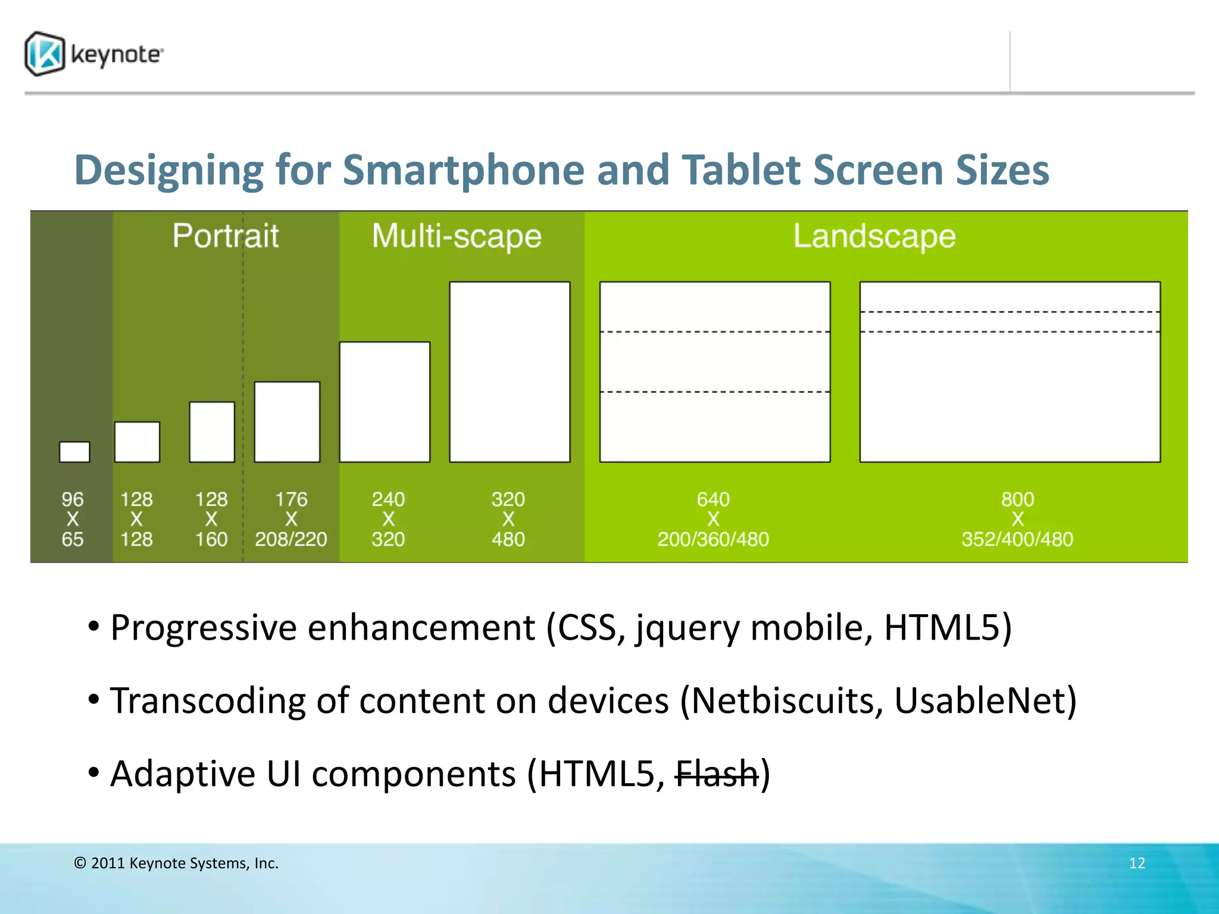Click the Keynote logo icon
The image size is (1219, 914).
click(x=45, y=54)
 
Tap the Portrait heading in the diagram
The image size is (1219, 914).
click(x=225, y=236)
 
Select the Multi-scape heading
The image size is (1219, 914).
click(x=457, y=236)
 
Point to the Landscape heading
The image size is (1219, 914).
click(x=874, y=236)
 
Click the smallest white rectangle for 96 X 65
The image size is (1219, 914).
click(x=74, y=452)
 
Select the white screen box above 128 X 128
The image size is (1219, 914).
click(x=137, y=442)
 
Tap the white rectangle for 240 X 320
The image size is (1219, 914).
click(x=385, y=402)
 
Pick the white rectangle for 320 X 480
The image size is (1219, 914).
click(x=510, y=372)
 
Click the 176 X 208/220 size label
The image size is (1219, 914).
click(x=290, y=519)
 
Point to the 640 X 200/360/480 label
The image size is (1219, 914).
click(x=713, y=519)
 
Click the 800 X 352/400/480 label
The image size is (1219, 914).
click(x=1017, y=519)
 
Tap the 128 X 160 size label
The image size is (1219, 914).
click(x=211, y=519)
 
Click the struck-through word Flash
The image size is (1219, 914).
click(x=716, y=774)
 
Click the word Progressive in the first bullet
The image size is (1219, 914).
click(x=204, y=628)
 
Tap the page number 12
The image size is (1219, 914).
click(x=1137, y=863)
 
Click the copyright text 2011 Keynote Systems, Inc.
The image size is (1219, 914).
click(x=177, y=863)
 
